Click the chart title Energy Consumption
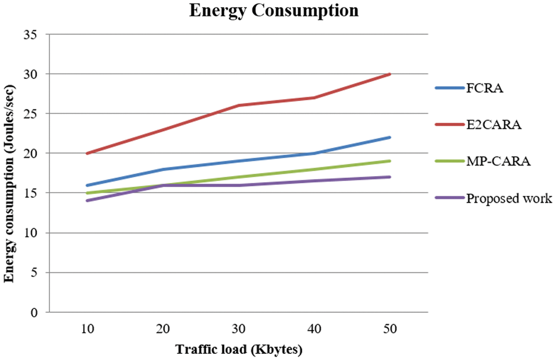click(274, 11)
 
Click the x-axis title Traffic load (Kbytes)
click(239, 350)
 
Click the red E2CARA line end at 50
click(390, 74)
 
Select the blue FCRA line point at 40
click(315, 153)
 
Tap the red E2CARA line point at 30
click(239, 106)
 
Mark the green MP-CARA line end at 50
click(390, 161)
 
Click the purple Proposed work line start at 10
click(87, 201)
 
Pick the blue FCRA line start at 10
click(87, 185)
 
